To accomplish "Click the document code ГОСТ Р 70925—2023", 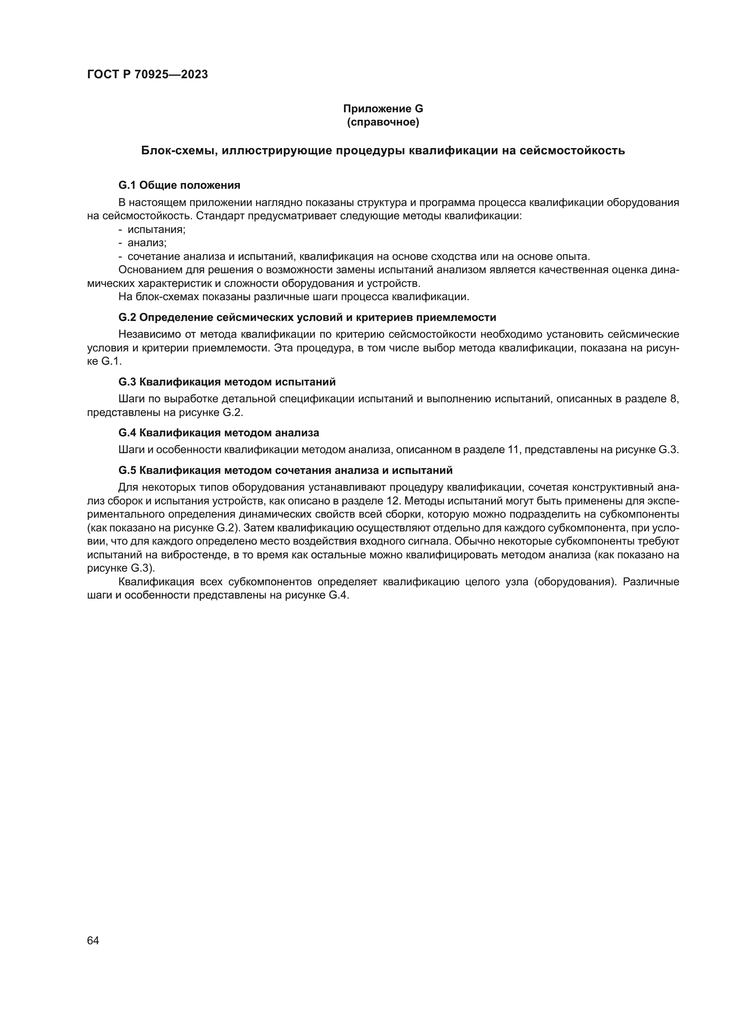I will click(x=147, y=75).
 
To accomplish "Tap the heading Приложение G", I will click(x=383, y=109).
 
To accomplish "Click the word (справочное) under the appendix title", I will click(x=383, y=122).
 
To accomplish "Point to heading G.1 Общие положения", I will click(x=179, y=185).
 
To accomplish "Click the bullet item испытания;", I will click(x=156, y=229).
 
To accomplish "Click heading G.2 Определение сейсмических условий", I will click(x=307, y=317).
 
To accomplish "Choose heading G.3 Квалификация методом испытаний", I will click(x=227, y=382).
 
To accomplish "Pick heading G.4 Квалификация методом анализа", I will click(x=219, y=433).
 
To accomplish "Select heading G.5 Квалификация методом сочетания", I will click(x=285, y=471).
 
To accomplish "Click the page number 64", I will click(x=93, y=941).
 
